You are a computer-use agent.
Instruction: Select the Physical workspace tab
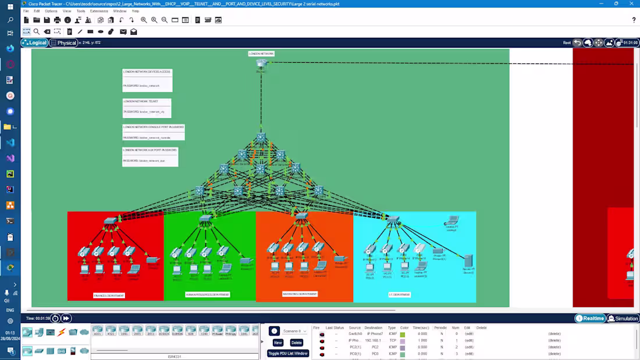63,42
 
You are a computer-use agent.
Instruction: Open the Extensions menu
99,11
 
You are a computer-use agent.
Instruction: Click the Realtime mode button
590,318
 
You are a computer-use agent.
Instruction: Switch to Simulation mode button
623,318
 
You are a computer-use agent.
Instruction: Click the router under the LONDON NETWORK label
261,65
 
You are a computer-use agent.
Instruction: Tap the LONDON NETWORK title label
261,54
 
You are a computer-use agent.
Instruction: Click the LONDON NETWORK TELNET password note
147,108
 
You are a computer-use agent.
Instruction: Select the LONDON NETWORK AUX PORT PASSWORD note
150,156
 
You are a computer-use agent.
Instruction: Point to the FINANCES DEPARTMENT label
109,295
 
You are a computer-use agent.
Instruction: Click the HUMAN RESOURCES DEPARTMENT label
207,295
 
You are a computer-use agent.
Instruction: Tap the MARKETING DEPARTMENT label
300,294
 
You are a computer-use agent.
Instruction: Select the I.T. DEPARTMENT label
399,295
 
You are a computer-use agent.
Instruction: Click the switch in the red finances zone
110,222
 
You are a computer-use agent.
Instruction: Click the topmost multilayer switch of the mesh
261,138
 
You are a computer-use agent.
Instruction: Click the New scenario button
278,343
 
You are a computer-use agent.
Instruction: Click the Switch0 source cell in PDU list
355,334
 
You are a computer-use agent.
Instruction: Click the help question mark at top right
634,20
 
